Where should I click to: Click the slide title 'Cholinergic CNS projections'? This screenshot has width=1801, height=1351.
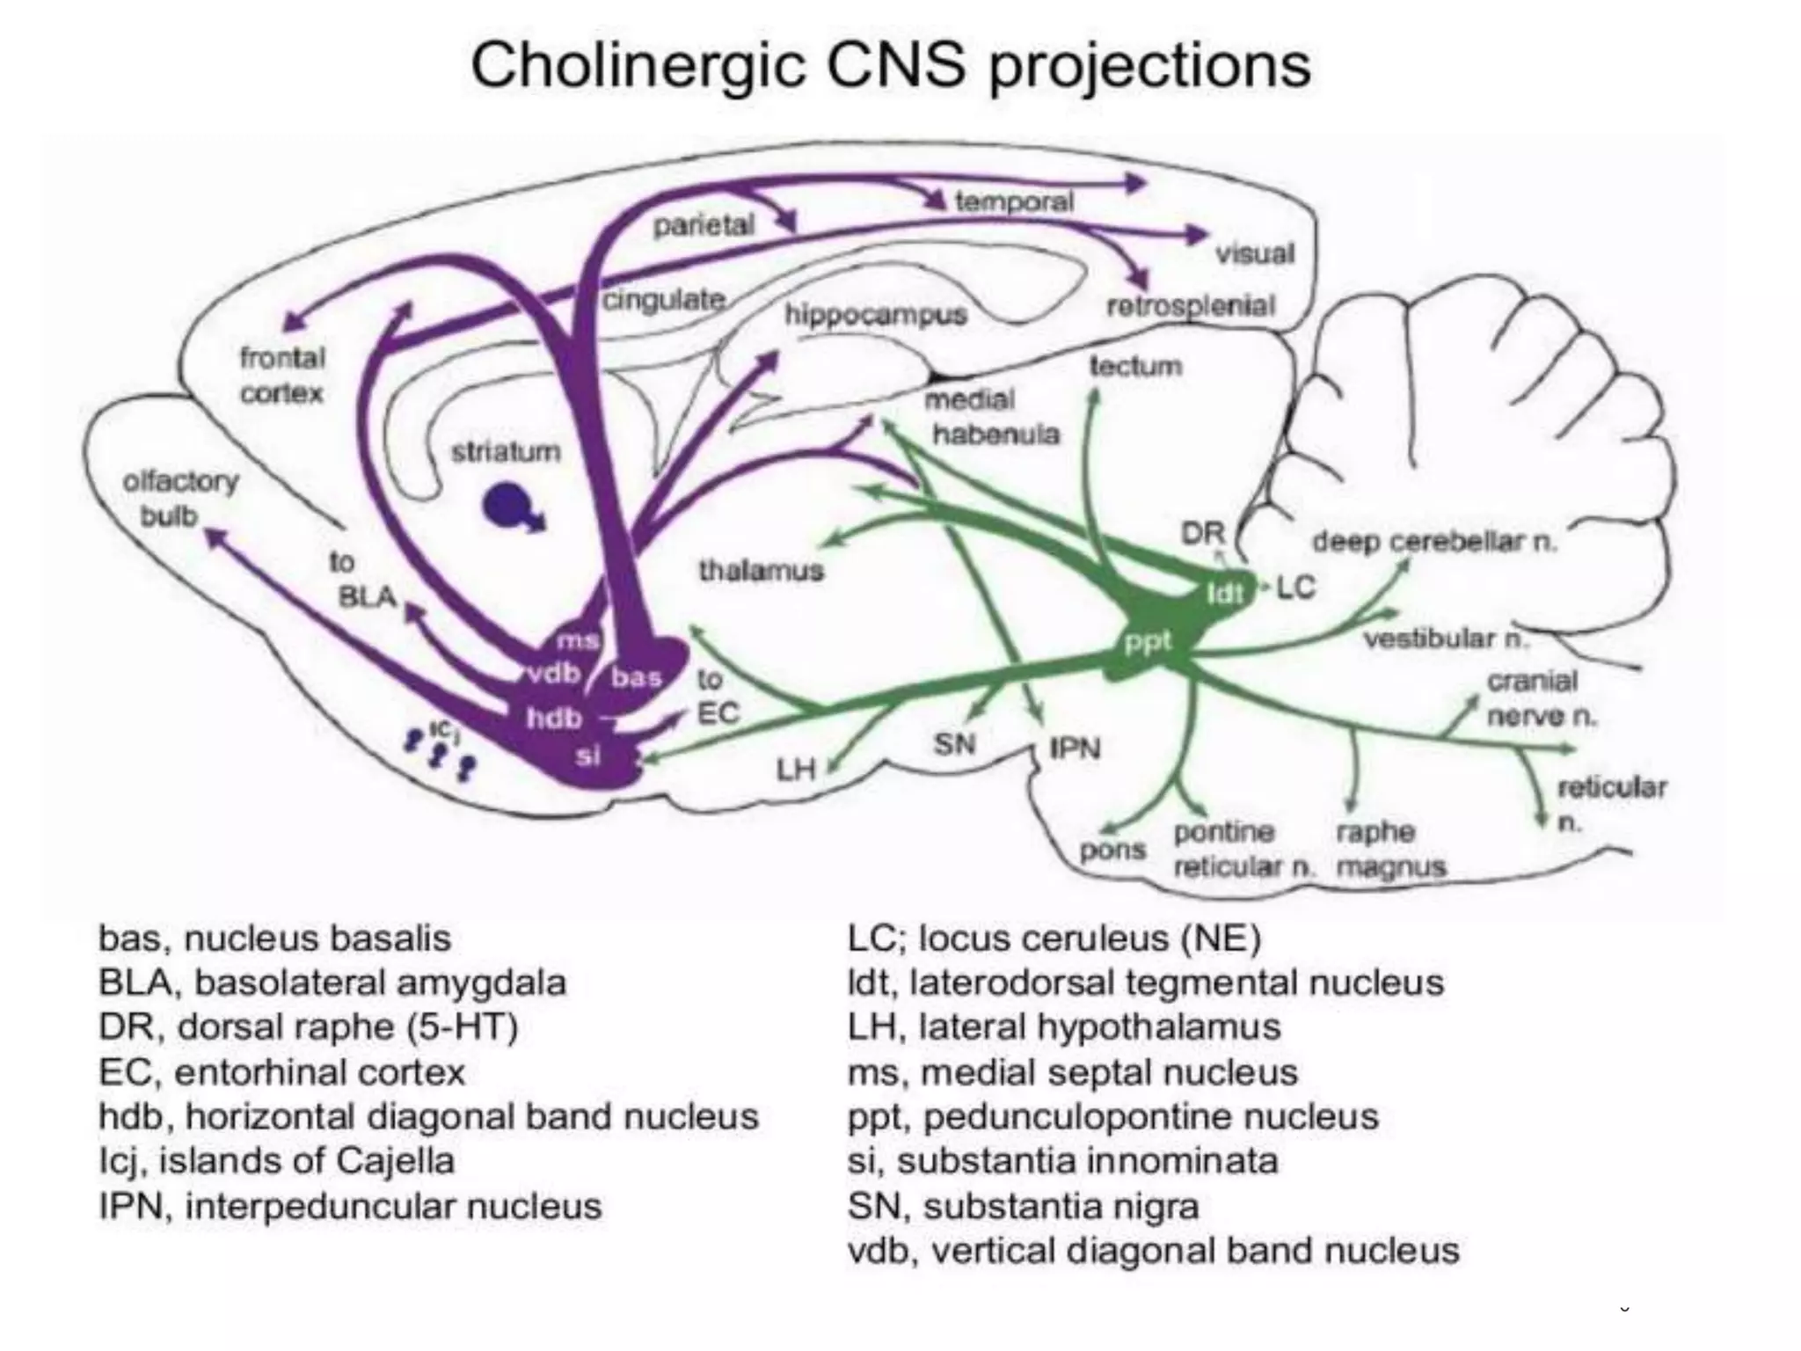tap(890, 66)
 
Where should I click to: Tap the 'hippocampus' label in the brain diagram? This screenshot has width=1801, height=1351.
tap(875, 314)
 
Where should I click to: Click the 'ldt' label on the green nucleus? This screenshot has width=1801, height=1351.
tap(1224, 594)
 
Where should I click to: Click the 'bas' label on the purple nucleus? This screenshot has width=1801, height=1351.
tap(636, 677)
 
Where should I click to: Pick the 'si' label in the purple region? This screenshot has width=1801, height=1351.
tap(587, 756)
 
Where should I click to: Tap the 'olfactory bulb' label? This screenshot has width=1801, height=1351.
tap(179, 499)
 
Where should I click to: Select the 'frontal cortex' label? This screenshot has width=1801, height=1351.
tap(282, 376)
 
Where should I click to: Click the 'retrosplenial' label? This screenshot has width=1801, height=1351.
tap(1190, 306)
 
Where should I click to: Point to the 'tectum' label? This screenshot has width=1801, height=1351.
tap(1135, 366)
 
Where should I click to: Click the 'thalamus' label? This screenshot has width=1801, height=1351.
tap(761, 571)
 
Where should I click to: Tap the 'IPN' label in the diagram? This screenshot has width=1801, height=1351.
tap(1075, 749)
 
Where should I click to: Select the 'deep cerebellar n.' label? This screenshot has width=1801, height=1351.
tap(1434, 542)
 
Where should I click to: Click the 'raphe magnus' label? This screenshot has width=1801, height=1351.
tap(1389, 849)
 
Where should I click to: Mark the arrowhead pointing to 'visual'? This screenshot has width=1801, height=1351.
tap(1198, 234)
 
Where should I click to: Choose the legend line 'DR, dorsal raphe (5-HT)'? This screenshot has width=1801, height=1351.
tap(308, 1027)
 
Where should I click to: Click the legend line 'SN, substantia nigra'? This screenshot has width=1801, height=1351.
tap(1023, 1206)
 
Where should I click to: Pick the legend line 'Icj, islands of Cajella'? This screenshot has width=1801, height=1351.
tap(276, 1161)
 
